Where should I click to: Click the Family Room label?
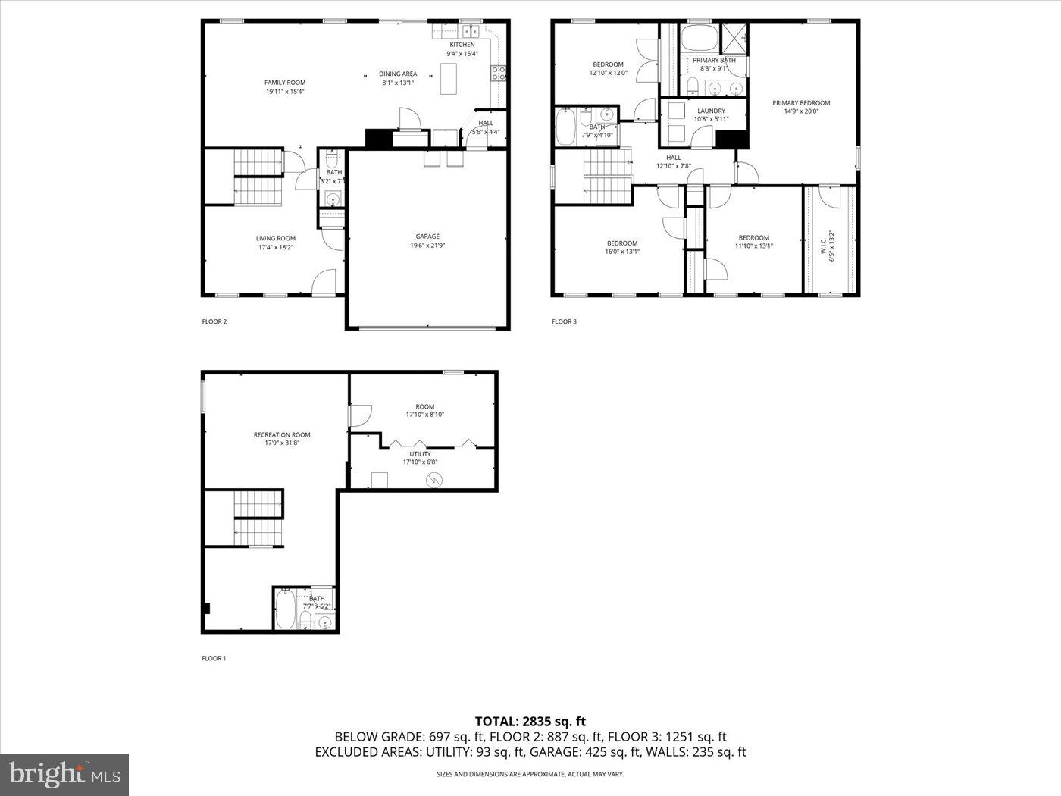[x=285, y=83]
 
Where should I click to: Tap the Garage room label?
[x=427, y=237]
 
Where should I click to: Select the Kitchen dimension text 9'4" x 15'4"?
[x=462, y=54]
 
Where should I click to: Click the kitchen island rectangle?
[x=450, y=78]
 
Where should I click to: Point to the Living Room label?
[x=276, y=239]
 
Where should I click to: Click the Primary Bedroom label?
[x=801, y=103]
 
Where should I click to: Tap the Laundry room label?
[x=711, y=111]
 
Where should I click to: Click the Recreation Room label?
[x=282, y=435]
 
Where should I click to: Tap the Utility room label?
[x=420, y=454]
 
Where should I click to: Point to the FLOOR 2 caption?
[x=214, y=321]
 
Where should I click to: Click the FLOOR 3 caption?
[x=564, y=321]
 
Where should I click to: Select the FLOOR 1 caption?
[x=214, y=658]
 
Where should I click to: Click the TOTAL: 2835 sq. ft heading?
[x=530, y=722]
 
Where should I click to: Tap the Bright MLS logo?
[x=64, y=774]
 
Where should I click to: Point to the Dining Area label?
[x=398, y=74]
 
